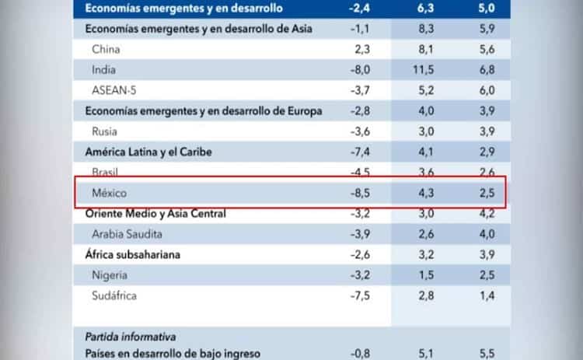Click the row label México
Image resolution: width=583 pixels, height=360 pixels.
click(x=110, y=192)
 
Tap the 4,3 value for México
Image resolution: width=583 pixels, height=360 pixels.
click(x=424, y=192)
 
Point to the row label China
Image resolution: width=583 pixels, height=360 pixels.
click(x=106, y=49)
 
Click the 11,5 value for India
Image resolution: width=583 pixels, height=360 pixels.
click(x=424, y=70)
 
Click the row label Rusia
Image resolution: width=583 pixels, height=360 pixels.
click(x=105, y=131)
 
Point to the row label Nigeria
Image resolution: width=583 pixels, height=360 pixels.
click(x=110, y=274)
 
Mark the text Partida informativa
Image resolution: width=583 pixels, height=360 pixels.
click(x=130, y=337)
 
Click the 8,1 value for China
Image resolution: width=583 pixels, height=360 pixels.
click(x=424, y=49)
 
